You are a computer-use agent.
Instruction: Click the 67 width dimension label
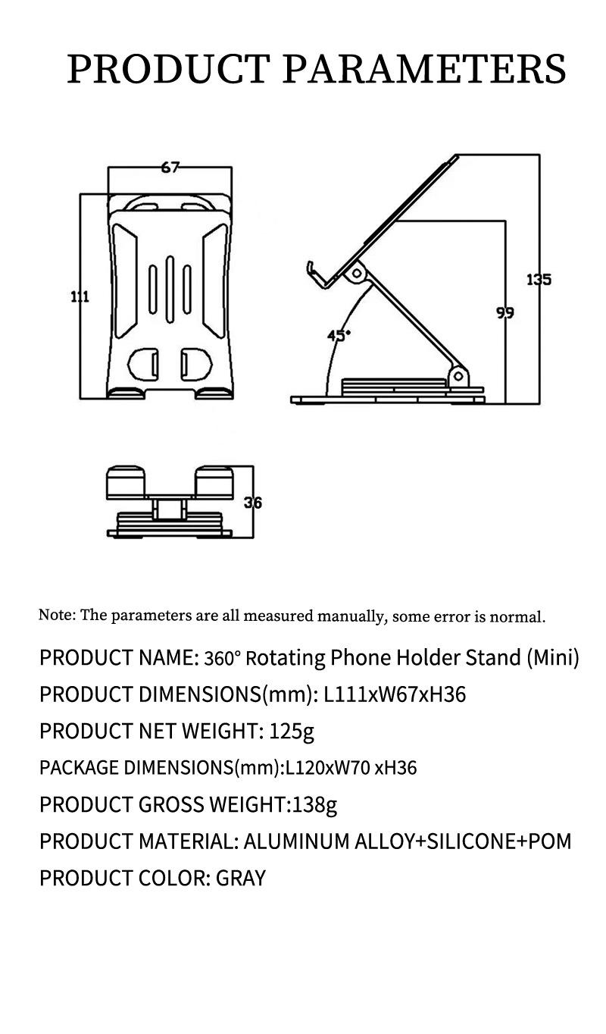coord(170,168)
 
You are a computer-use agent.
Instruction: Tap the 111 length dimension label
coord(80,296)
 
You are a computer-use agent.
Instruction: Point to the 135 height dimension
coord(539,280)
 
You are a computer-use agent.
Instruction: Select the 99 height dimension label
coord(505,312)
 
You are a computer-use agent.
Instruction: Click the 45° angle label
coord(339,334)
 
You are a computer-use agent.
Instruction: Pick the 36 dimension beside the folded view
coord(253,502)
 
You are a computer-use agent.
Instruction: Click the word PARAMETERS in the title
coord(424,70)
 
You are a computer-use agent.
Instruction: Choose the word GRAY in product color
coord(241,879)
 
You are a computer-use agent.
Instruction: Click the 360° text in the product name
coord(222,658)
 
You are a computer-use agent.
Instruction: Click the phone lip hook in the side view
coord(313,274)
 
